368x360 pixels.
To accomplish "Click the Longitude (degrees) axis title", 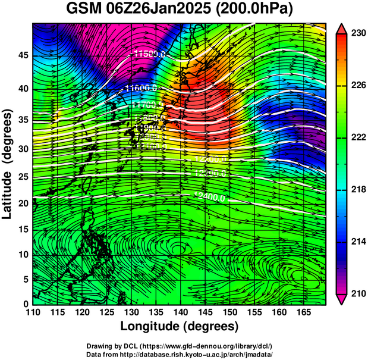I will [180, 326].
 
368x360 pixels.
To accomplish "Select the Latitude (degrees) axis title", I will [8, 163].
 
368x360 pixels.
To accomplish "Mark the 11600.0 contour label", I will [140, 88].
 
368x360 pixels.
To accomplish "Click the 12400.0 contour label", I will [210, 197].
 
